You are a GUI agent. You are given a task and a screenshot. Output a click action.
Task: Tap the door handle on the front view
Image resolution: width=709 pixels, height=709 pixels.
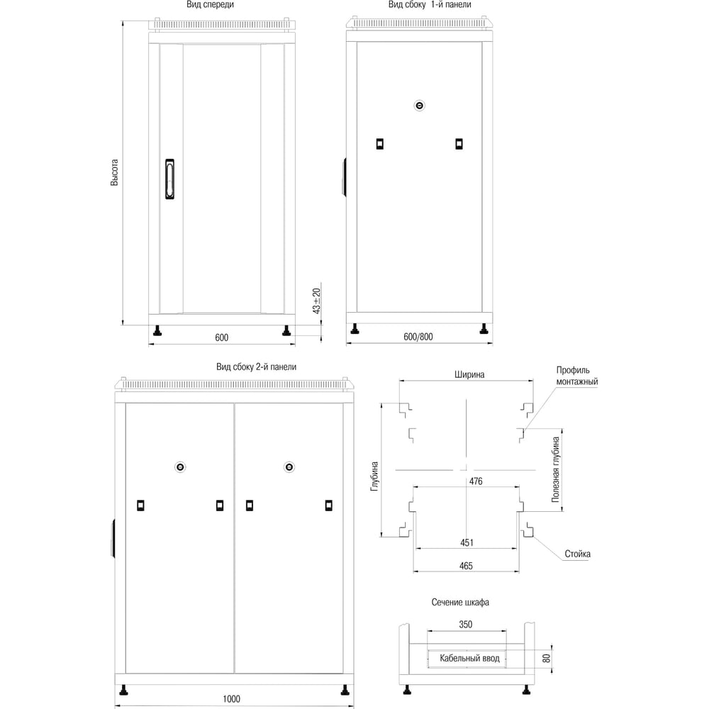point(169,179)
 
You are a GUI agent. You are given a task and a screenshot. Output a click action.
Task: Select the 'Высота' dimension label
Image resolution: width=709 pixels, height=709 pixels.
point(114,173)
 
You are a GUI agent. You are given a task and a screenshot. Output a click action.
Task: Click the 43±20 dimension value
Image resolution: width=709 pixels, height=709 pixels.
point(317,301)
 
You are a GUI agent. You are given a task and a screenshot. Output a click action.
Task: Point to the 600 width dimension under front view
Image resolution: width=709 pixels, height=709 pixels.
point(221,337)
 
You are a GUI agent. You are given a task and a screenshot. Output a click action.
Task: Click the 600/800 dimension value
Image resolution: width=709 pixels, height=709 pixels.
point(418,337)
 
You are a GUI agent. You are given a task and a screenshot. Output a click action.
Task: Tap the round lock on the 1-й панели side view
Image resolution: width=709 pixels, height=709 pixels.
point(419,106)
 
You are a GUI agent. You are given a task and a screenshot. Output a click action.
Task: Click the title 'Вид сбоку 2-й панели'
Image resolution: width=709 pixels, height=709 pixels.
point(256,367)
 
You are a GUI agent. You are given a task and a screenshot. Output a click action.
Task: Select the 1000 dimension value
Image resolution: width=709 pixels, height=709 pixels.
point(230,699)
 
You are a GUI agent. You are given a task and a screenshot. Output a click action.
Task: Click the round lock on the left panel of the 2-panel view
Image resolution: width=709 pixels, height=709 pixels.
point(180,467)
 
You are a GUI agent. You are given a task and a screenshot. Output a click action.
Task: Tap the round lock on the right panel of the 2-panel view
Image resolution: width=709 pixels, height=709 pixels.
point(289,467)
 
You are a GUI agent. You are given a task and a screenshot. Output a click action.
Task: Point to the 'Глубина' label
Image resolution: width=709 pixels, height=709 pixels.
point(375,477)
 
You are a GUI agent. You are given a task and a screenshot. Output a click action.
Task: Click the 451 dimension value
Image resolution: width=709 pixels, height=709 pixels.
point(466,542)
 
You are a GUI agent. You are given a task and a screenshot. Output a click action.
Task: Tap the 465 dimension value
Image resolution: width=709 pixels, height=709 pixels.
point(466,566)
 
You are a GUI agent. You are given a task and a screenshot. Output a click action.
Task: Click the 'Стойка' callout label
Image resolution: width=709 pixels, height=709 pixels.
point(578,554)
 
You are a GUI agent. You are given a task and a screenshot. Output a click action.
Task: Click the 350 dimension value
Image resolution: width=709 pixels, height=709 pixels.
point(465,625)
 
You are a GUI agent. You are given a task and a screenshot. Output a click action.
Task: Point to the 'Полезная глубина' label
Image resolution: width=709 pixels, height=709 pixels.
point(557,469)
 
